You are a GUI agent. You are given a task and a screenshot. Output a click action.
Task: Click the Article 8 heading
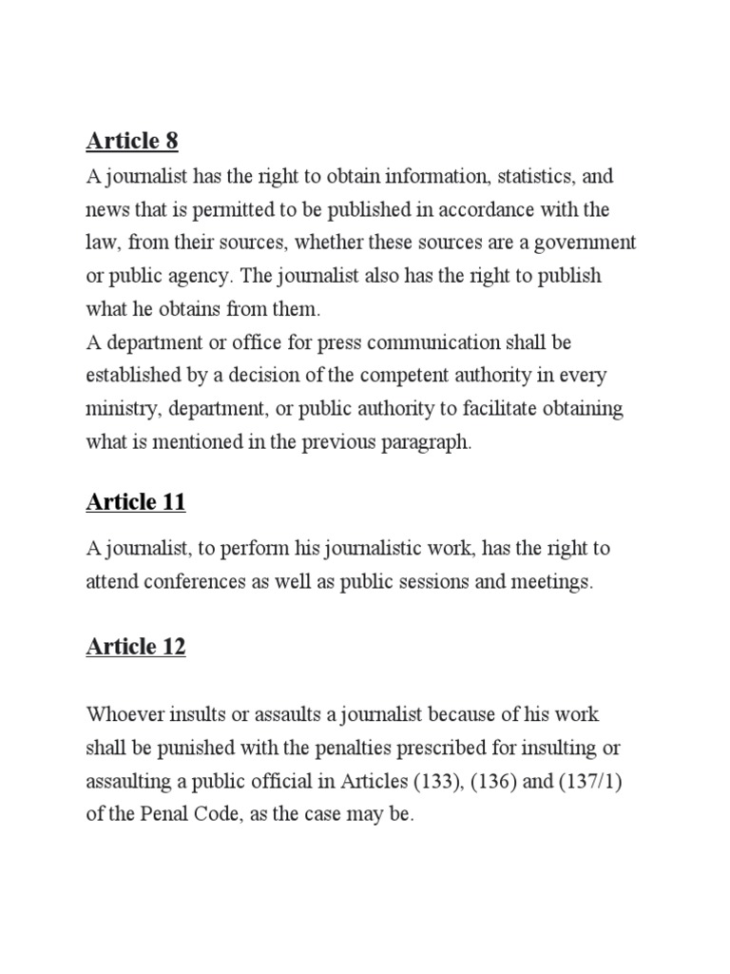[x=132, y=142]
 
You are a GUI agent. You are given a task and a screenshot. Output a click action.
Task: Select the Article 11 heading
[x=136, y=502]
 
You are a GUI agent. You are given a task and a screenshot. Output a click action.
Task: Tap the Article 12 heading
[x=136, y=647]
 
